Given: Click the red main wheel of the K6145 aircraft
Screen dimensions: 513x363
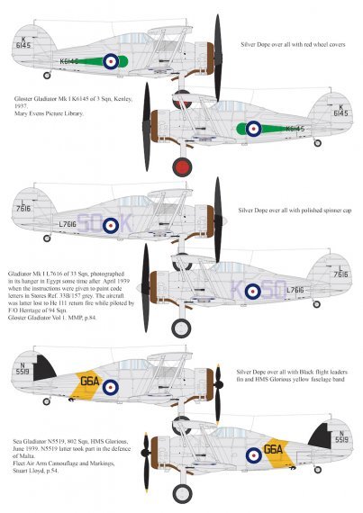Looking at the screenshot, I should pyautogui.click(x=182, y=166).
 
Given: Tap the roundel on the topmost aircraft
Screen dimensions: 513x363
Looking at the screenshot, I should pyautogui.click(x=110, y=61).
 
